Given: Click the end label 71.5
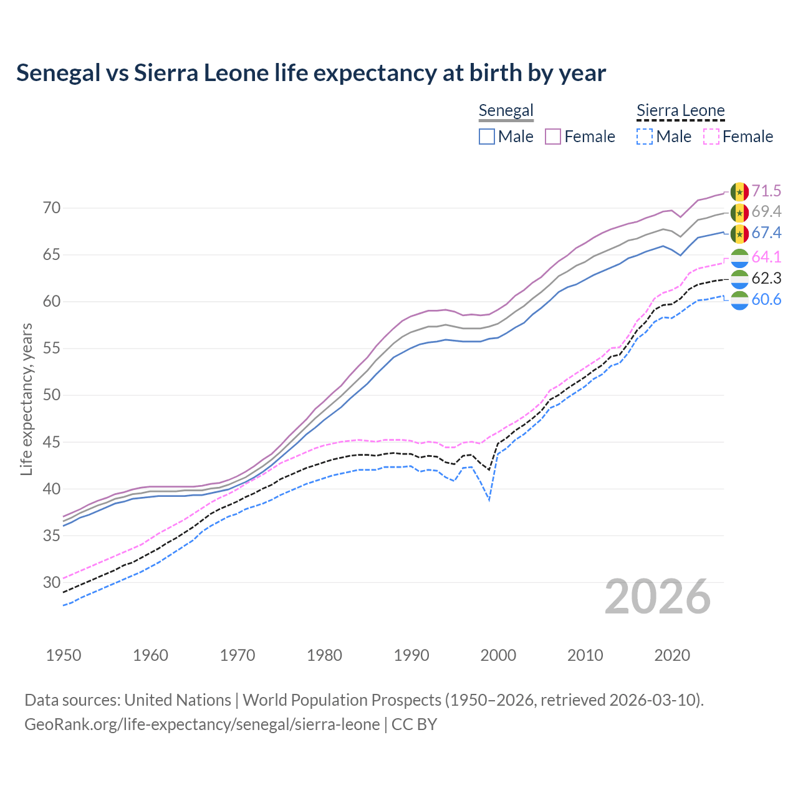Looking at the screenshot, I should tap(766, 191).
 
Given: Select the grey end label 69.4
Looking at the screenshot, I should tap(766, 212).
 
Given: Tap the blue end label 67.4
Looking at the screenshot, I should tap(766, 233).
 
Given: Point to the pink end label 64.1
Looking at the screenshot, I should tap(766, 257).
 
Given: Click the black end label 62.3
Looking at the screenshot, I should tap(766, 278).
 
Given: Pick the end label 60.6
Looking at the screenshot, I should tap(766, 299).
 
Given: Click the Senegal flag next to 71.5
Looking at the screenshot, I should tap(739, 191).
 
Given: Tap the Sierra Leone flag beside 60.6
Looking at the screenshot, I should tap(739, 300).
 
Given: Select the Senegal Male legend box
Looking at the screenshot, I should tap(487, 137).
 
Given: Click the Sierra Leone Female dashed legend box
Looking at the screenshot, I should tap(711, 137).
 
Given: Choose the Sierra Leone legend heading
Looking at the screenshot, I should tap(680, 111).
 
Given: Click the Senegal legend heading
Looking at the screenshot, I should tap(506, 111).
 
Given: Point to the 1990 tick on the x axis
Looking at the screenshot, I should tap(411, 655).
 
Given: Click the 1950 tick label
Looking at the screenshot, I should tap(64, 655).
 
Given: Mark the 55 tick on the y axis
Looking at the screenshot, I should tap(52, 349).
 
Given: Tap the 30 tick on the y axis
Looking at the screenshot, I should tap(52, 582).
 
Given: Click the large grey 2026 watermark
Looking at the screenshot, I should tap(658, 597).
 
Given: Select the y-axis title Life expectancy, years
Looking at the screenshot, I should tap(27, 399).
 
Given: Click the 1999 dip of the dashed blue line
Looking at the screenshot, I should tap(489, 499).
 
